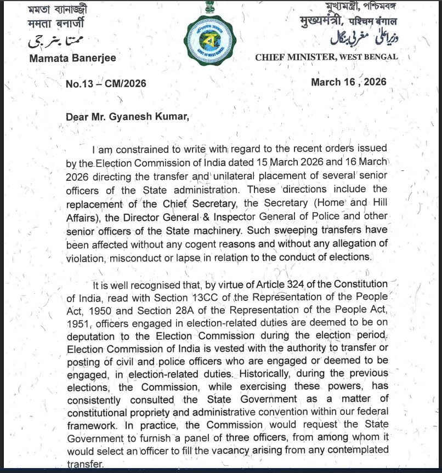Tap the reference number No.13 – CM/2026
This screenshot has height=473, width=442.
(106, 84)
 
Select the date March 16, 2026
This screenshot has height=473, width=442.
(348, 82)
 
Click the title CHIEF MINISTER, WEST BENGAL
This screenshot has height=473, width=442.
(326, 56)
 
